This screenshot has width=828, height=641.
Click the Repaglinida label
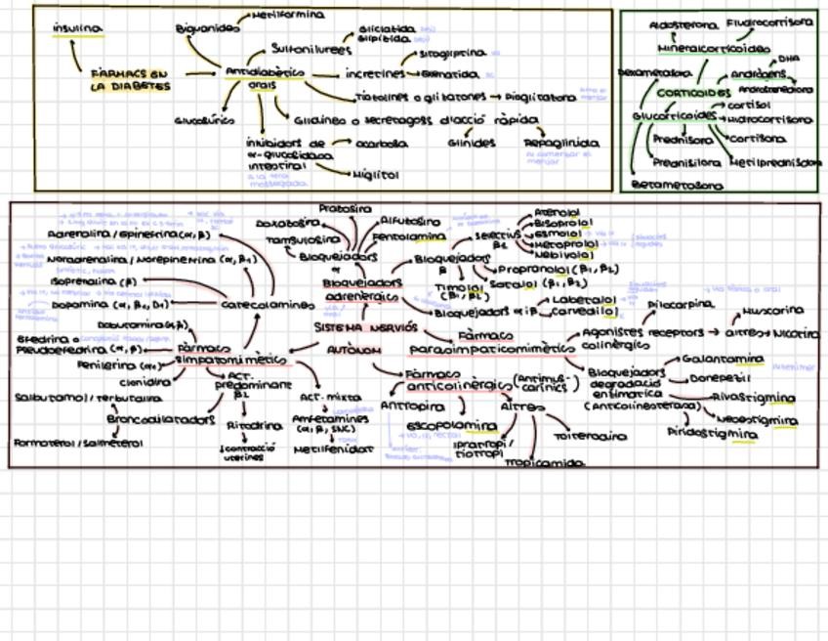[x=561, y=143]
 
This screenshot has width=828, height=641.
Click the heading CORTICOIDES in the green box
[x=693, y=93]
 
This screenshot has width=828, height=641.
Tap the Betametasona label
[x=678, y=184]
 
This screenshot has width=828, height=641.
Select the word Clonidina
[x=137, y=383]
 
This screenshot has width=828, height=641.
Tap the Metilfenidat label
[x=334, y=449]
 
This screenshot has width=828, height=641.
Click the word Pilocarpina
[x=675, y=306]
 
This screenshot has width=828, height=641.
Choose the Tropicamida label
[x=536, y=462]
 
